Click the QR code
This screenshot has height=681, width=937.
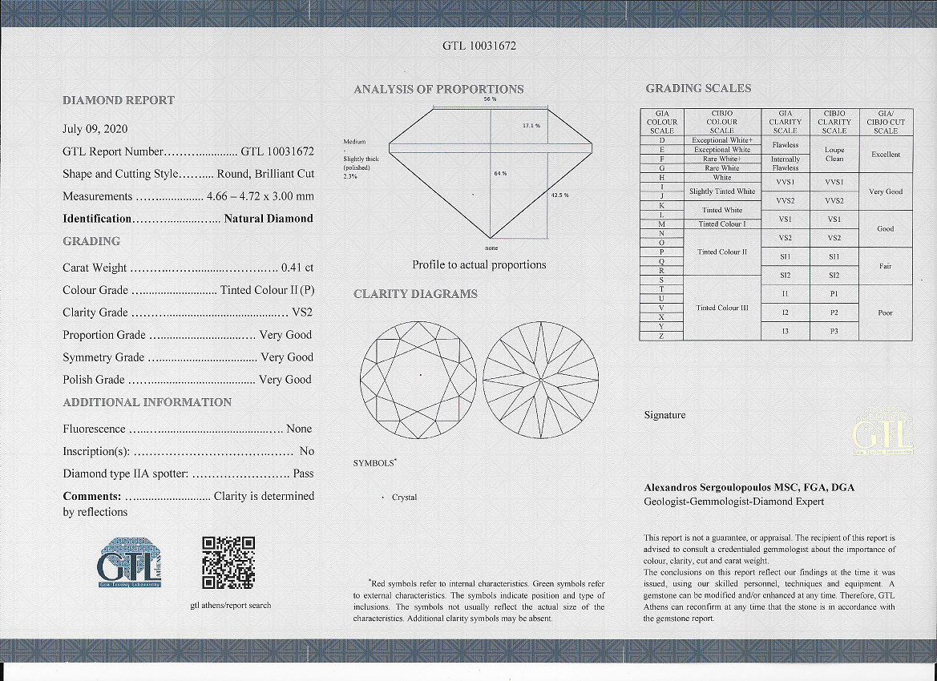tap(228, 562)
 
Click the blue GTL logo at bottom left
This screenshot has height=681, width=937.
tap(131, 564)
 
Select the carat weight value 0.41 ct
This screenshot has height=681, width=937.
tap(297, 268)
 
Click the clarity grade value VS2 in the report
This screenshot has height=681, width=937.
tap(302, 312)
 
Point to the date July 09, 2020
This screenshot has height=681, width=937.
tap(95, 128)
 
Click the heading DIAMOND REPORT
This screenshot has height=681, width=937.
tap(119, 100)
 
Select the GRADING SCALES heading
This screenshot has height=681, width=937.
tap(698, 88)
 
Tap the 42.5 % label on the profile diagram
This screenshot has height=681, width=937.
tap(559, 195)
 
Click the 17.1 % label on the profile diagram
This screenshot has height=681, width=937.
tap(531, 126)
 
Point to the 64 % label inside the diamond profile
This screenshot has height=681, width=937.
tap(500, 174)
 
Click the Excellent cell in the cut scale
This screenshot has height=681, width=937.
tap(885, 155)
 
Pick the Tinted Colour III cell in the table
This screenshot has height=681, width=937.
tap(721, 308)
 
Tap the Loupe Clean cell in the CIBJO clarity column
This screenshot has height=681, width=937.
tap(834, 154)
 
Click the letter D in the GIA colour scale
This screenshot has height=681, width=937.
tap(662, 140)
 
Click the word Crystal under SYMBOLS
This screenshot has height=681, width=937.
tap(404, 498)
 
